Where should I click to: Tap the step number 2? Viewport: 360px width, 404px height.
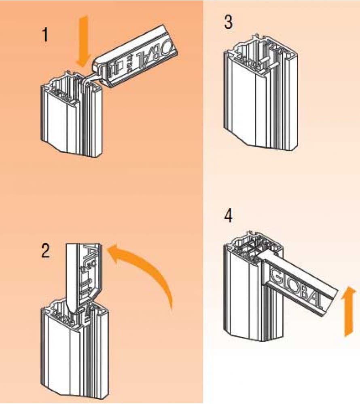46,251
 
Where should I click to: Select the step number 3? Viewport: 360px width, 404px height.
229,23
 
